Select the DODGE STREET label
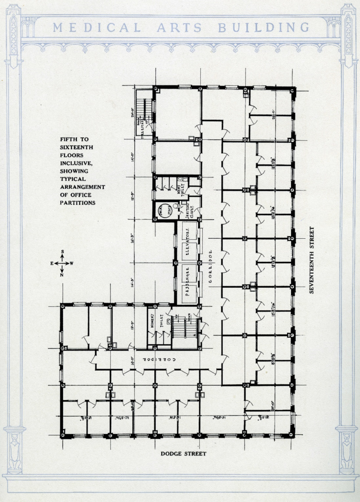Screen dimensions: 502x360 coord(184,453)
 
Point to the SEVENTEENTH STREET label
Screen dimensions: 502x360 coord(311,260)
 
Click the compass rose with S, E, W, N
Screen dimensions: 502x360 coord(62,263)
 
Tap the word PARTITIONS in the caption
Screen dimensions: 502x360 coord(77,202)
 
